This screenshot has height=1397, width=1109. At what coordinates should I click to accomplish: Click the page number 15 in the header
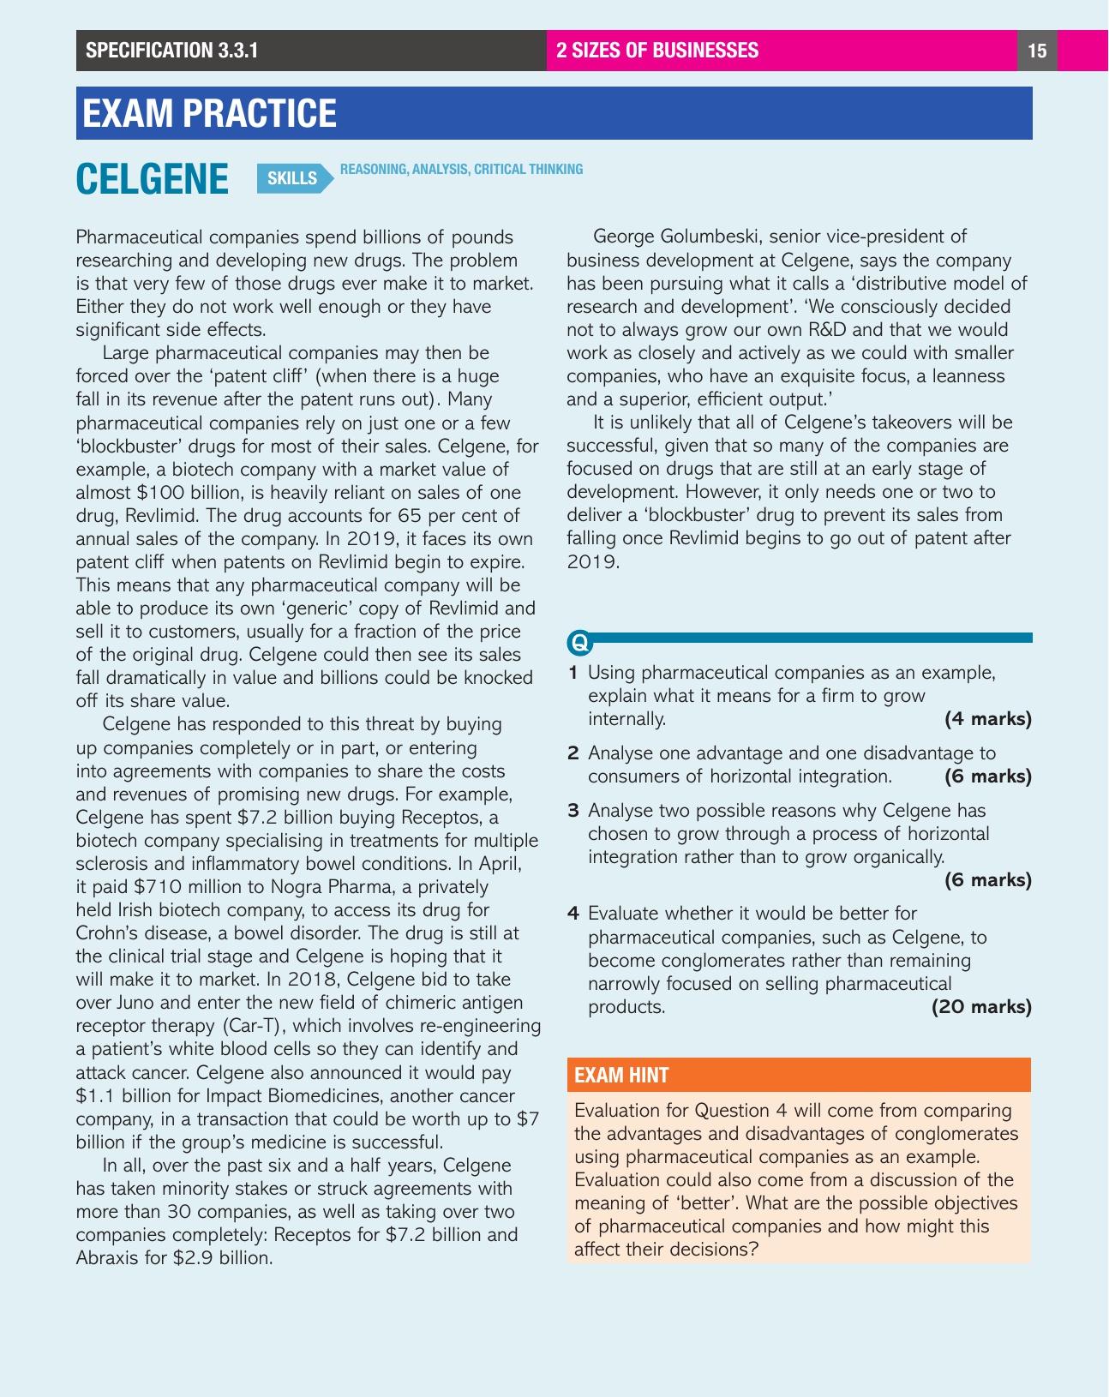1036,51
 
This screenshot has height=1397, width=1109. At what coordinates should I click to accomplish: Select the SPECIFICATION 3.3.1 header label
171,51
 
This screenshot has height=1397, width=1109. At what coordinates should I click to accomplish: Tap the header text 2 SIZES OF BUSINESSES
657,51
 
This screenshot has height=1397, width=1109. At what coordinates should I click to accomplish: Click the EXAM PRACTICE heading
209,113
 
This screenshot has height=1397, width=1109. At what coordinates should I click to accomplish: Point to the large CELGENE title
153,179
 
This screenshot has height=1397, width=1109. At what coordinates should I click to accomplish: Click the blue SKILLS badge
292,178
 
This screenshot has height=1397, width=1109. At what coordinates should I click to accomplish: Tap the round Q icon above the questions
579,641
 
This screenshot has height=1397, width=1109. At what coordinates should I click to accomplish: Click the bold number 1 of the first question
573,673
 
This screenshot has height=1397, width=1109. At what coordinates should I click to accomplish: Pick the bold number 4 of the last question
573,914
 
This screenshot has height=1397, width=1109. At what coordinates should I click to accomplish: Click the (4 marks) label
987,719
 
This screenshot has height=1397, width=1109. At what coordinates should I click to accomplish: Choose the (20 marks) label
981,1007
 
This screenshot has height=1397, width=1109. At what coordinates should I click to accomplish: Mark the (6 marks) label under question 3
987,880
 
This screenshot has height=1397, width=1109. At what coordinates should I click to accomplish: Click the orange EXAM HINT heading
621,1076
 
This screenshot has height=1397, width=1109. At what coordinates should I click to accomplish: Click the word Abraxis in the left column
108,1258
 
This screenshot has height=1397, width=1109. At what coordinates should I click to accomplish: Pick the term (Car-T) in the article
255,1026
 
